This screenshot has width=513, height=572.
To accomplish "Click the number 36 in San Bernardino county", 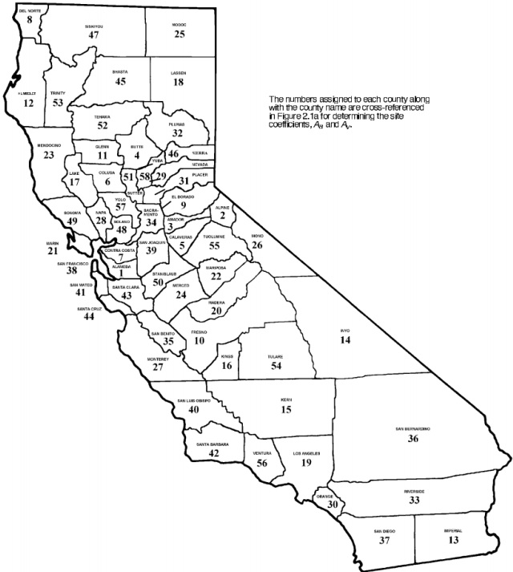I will coord(413,439).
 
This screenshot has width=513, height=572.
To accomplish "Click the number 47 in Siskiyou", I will coord(95,35).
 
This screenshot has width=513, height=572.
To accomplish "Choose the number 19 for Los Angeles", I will coord(305,462).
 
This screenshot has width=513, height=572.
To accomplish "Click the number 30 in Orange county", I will coord(332,503).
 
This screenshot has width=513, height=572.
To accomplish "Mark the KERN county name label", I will coord(286,400).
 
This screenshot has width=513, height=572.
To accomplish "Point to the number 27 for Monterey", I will coord(158,367).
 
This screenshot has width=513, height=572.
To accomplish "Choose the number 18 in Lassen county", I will coord(178,82).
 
